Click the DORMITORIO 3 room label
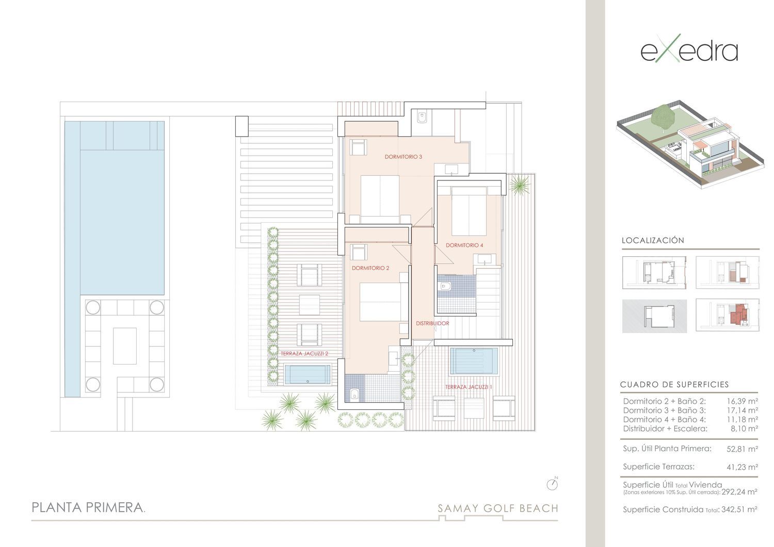coord(403,157)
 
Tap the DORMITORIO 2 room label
coord(370,268)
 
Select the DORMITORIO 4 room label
coord(464,245)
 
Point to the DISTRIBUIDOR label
coord(432,323)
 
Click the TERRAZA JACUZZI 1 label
coord(469,387)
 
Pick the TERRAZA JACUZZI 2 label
coord(304,354)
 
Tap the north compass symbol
coord(552,484)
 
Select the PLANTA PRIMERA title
coord(88,508)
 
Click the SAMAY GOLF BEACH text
coord(498,508)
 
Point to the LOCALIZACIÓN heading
coord(653,240)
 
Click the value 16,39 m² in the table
coord(742,401)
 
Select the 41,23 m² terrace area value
coord(742,467)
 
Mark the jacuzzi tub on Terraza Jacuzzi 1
coord(474,361)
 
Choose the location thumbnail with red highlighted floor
coord(728,315)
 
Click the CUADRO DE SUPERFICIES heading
coord(674,385)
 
